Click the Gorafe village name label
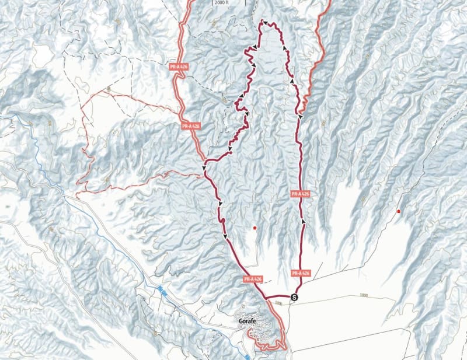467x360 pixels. click(x=247, y=320)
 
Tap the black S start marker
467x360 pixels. click(x=294, y=297)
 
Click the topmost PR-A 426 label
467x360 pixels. click(x=179, y=67)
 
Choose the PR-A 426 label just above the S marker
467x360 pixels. click(x=299, y=272)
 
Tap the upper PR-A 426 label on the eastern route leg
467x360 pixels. click(x=299, y=194)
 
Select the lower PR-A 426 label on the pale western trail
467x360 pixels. click(x=191, y=125)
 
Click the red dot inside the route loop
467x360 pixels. click(x=255, y=226)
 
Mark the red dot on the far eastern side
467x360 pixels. click(x=399, y=211)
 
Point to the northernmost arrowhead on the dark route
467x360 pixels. click(x=264, y=23)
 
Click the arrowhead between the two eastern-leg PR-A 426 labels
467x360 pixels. click(x=303, y=222)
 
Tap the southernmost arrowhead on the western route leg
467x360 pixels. click(x=226, y=236)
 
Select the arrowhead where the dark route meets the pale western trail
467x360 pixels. click(x=204, y=169)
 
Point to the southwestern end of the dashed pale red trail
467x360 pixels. click(x=78, y=191)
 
